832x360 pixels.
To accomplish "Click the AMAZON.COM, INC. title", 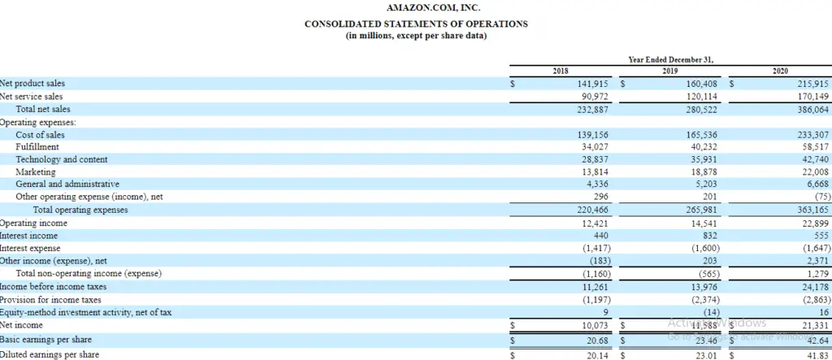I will pyautogui.click(x=416, y=8).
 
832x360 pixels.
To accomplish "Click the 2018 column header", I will pyautogui.click(x=560, y=72).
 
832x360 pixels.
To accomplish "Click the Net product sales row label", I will pyautogui.click(x=33, y=84).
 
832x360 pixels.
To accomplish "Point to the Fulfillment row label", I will pyautogui.click(x=37, y=147).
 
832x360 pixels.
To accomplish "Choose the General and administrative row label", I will pyautogui.click(x=67, y=184).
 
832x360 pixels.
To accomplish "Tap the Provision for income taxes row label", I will pyautogui.click(x=50, y=299).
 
